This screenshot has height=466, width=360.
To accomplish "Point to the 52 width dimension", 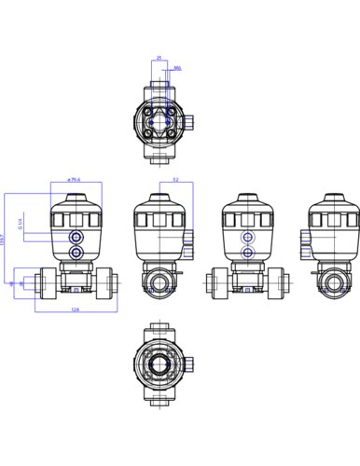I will click(x=175, y=180).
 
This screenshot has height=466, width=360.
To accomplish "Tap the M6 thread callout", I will click(x=178, y=68).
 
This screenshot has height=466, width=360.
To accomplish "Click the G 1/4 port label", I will click(x=20, y=226).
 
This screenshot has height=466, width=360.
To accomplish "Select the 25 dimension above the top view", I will click(x=159, y=58).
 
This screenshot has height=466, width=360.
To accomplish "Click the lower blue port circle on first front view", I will click(x=75, y=253).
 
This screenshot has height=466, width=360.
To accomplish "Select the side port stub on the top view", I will click(x=187, y=121).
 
